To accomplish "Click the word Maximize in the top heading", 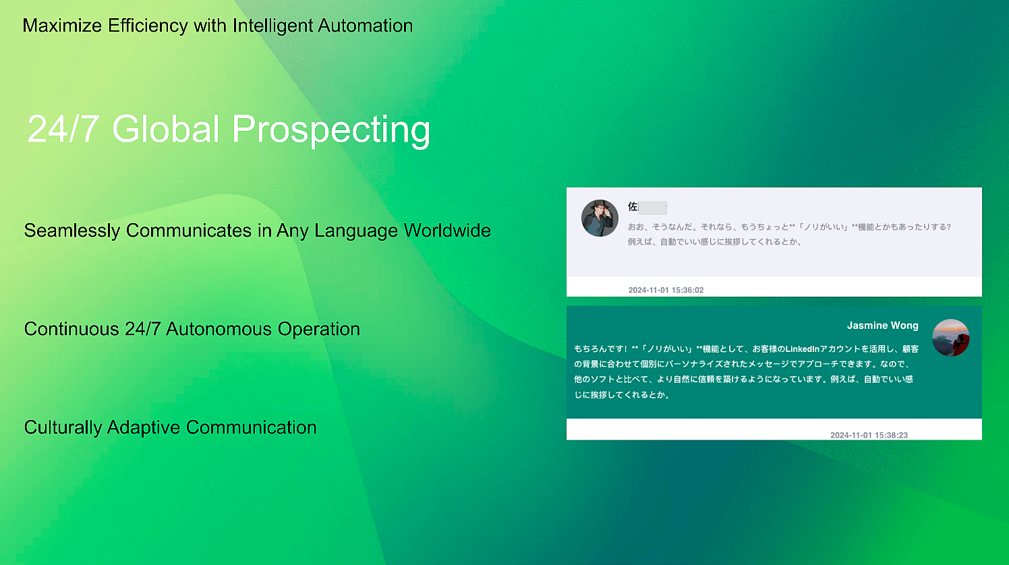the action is coord(62,26).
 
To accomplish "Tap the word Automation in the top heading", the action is coord(365,26).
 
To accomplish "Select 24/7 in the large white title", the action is coord(63,129).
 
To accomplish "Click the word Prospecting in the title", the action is coord(331,130).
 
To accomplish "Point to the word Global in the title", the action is coord(165,129).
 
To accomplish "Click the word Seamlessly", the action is coord(72,231).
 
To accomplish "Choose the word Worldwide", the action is coord(447,231).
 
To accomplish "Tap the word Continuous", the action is coord(71,329).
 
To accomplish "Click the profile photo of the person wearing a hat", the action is coord(600,218).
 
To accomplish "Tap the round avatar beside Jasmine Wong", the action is coord(950,338).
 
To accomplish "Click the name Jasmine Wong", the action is coord(882,326).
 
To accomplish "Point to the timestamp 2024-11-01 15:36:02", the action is coord(666,290).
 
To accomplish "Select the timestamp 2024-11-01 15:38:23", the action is coord(869,435).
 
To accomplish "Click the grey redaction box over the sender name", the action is coord(653,208).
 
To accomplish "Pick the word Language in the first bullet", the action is coord(356,231).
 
